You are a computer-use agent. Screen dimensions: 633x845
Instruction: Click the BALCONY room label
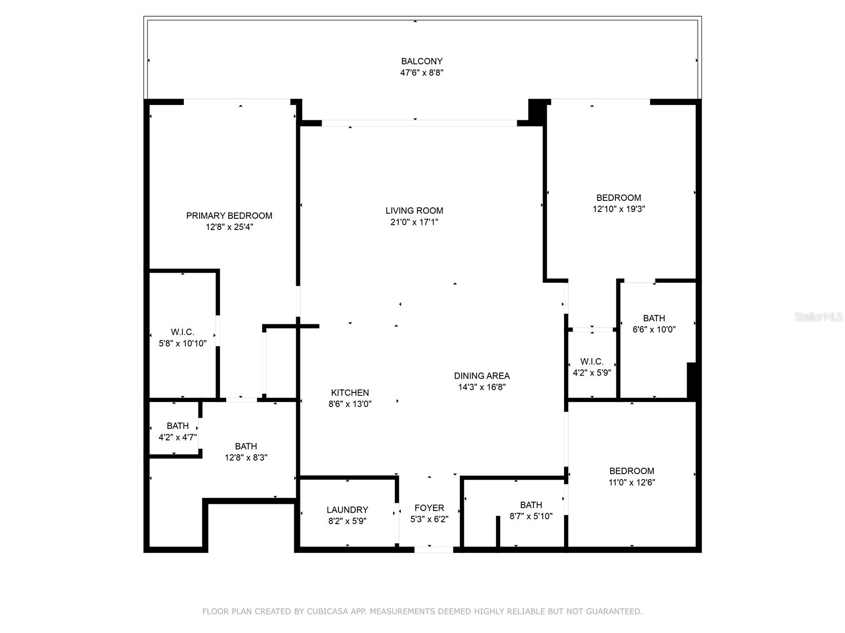click(x=421, y=61)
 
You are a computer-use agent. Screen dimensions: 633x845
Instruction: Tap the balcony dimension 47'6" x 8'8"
click(x=421, y=73)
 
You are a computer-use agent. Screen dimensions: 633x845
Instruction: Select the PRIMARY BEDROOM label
click(x=229, y=216)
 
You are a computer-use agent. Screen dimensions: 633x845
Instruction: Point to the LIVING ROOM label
click(x=414, y=211)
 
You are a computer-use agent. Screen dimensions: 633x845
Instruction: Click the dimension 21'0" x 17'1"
click(x=414, y=222)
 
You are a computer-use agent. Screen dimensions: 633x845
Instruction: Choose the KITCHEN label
click(x=350, y=393)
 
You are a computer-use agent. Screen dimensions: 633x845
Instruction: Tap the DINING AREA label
click(x=482, y=376)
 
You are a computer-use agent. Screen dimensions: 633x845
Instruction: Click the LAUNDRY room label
click(x=347, y=510)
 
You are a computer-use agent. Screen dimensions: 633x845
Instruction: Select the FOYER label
click(x=429, y=508)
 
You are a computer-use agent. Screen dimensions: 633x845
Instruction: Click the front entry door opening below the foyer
click(x=434, y=550)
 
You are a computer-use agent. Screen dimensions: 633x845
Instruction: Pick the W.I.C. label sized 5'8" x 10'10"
click(x=182, y=332)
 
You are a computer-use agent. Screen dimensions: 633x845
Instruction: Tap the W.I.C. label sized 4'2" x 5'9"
click(x=591, y=362)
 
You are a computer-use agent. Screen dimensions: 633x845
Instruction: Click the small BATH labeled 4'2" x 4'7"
click(x=177, y=426)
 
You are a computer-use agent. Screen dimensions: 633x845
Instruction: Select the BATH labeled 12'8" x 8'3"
click(x=246, y=447)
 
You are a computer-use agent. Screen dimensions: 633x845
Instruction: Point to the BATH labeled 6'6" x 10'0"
click(x=654, y=319)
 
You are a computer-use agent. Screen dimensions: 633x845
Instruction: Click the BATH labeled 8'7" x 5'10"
click(x=531, y=505)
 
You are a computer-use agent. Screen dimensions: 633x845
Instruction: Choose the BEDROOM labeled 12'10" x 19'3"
click(x=618, y=198)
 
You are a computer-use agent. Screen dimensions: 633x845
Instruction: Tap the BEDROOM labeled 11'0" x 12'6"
click(x=632, y=472)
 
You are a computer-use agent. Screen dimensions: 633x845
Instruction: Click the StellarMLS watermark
click(x=819, y=317)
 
